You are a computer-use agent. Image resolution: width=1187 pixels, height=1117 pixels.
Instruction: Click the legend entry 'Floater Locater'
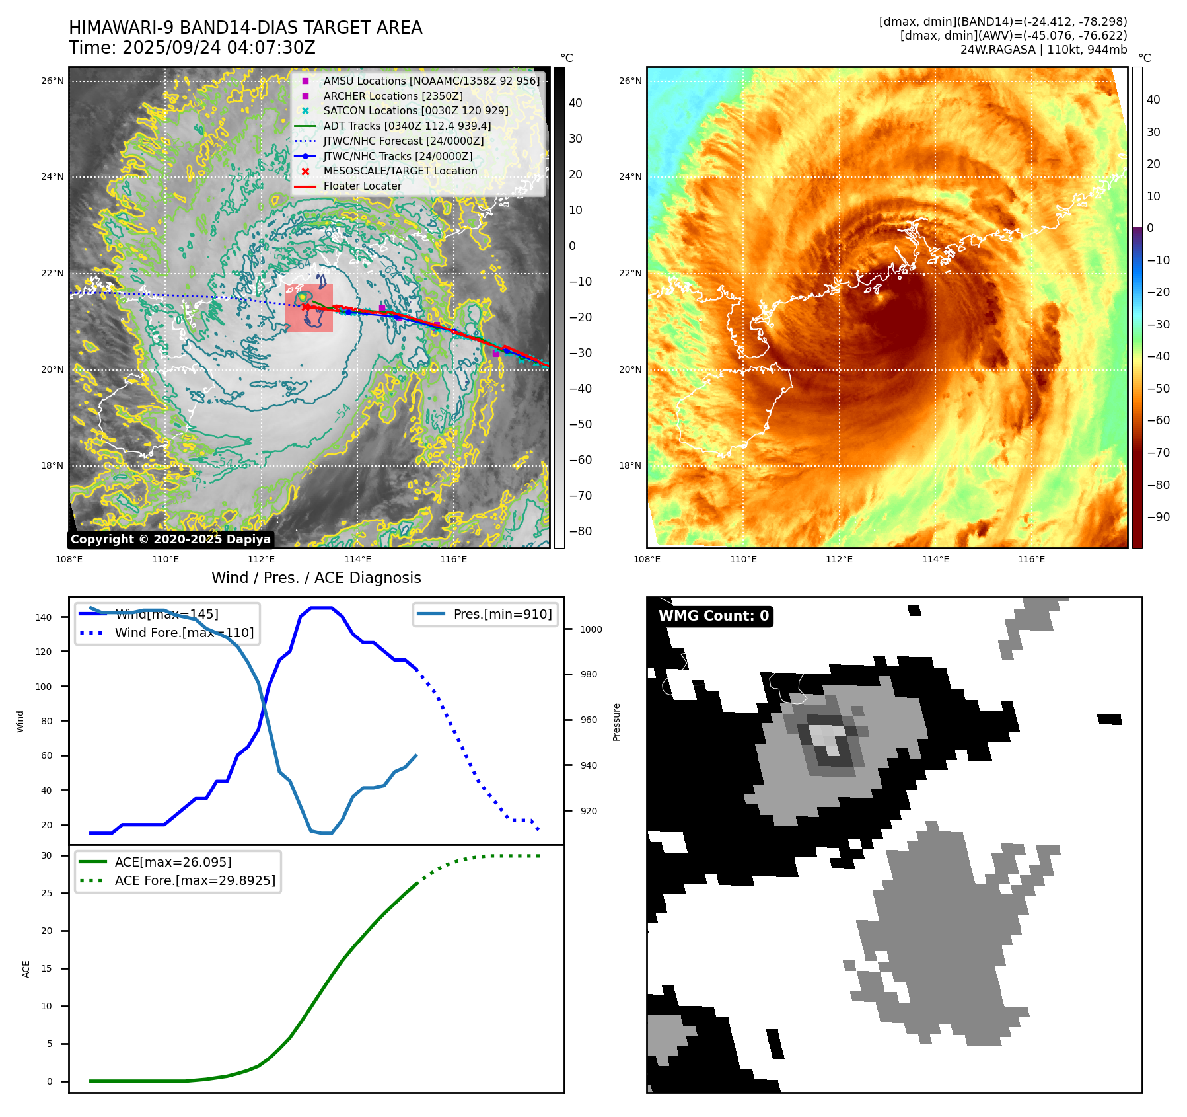coord(362,186)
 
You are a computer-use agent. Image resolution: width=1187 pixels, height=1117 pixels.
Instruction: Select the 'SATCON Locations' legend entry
coord(415,111)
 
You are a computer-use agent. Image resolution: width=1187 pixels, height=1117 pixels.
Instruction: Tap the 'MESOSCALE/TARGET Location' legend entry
coord(400,171)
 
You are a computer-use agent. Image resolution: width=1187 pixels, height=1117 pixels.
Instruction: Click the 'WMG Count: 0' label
coord(713,616)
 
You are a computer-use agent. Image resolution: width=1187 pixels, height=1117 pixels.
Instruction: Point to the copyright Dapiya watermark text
coord(170,539)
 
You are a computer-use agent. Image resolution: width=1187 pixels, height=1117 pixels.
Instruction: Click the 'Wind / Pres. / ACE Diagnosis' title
coord(316,578)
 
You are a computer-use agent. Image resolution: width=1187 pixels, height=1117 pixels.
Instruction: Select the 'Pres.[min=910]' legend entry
coord(502,615)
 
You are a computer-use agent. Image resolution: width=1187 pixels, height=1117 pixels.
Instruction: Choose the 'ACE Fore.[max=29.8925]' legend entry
coord(195,880)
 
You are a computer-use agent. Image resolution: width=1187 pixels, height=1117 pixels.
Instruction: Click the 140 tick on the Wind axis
coord(44,617)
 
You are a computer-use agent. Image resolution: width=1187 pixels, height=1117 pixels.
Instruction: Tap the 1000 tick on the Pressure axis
coord(591,629)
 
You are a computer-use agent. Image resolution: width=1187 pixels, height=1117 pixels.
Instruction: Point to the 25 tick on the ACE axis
coord(46,893)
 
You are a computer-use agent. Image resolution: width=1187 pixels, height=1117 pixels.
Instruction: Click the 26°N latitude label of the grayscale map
coord(52,81)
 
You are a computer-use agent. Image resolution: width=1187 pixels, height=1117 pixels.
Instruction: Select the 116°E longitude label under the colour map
coord(1031,559)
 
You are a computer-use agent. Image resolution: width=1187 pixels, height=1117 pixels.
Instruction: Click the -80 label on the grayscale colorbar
coord(580,531)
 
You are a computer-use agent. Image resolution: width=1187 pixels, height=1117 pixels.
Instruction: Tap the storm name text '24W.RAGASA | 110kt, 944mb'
coord(1043,50)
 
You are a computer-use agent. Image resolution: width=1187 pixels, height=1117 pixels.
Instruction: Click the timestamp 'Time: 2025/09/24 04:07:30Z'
coord(192,48)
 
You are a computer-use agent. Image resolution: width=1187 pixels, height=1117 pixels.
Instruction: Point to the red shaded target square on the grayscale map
coord(308,308)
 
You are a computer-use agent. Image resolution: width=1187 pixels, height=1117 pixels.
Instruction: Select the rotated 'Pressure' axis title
coord(616,722)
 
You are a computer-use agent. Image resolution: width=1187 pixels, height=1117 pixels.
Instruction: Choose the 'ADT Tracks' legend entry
coord(407,126)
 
